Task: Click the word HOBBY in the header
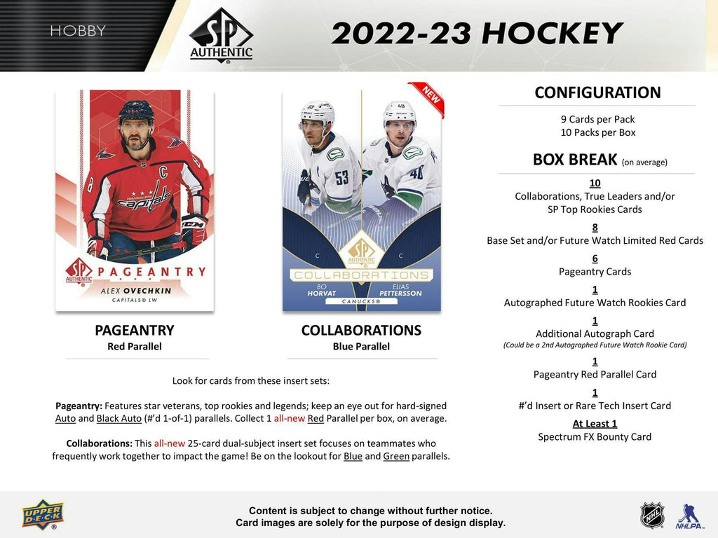click(78, 31)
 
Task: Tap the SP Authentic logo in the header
click(221, 35)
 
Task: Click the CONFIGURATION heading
click(597, 92)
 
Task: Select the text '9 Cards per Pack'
click(597, 119)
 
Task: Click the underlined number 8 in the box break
click(595, 227)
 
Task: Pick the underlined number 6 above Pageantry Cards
click(595, 258)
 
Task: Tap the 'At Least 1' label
click(595, 423)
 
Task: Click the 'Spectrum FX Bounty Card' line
click(595, 437)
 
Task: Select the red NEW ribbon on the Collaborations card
click(427, 99)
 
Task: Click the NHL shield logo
click(652, 515)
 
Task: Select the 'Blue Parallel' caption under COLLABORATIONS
click(361, 346)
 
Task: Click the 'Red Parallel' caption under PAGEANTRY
click(135, 346)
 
